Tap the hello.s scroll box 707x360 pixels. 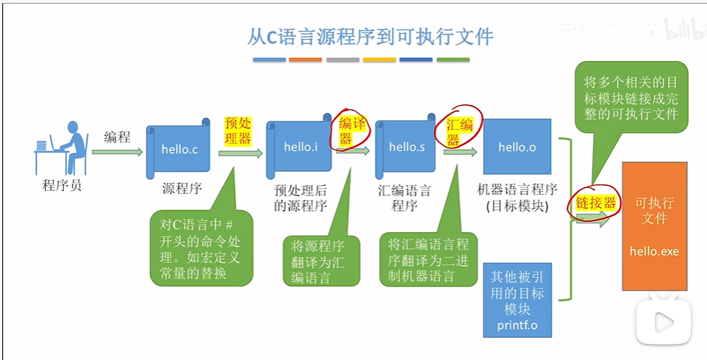[406, 147]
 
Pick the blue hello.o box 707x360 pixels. [517, 147]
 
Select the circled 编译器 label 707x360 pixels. [352, 131]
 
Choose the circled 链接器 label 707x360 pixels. [595, 204]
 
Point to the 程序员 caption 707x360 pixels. [62, 186]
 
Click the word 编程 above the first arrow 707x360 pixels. [117, 137]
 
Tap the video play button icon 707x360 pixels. [661, 321]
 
